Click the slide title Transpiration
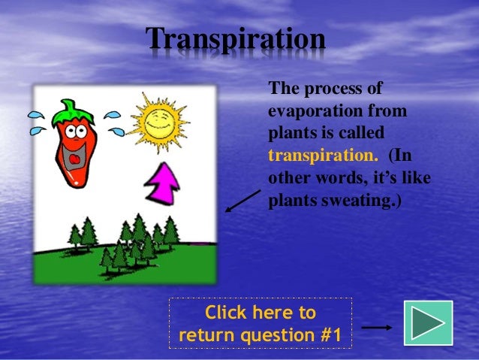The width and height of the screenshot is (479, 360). pos(235,39)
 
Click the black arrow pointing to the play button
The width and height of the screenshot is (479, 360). pos(376,328)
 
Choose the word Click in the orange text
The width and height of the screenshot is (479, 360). pos(227,312)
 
